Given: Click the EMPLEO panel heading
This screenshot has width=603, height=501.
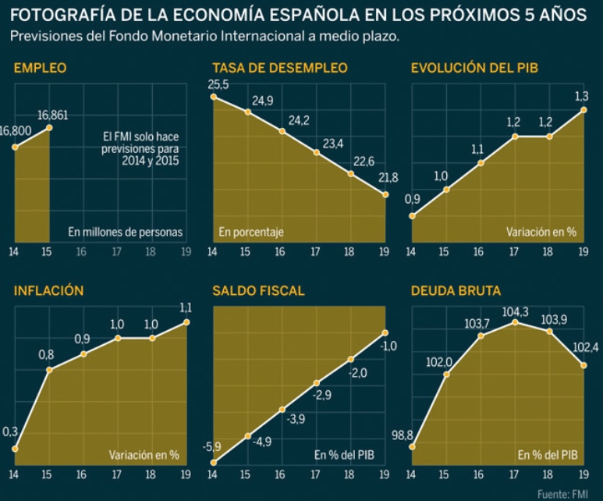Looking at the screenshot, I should tap(40, 69).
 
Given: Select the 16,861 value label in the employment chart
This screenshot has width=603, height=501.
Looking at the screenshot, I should tap(53, 115).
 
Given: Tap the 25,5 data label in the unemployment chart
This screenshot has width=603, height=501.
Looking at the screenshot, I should tap(218, 84).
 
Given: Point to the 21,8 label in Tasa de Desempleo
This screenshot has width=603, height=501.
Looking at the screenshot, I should tap(388, 178).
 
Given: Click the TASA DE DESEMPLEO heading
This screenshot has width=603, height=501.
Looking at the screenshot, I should tap(280, 69).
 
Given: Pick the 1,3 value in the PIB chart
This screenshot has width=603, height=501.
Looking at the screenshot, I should tap(581, 97).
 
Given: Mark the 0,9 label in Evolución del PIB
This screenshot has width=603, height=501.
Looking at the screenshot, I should tap(413, 199).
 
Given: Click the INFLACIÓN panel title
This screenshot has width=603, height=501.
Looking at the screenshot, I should tap(48, 291).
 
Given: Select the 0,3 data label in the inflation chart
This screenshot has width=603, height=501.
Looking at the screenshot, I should tap(12, 432).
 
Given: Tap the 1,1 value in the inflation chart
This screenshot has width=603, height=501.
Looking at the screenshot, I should tap(186, 307).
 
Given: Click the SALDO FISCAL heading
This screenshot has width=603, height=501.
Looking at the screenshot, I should tap(258, 291).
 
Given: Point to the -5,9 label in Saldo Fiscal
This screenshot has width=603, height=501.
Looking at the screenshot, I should tap(212, 446).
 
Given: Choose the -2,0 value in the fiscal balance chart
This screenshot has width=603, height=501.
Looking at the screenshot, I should tap(358, 373).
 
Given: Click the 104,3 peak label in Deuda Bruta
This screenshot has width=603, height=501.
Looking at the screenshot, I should tap(516, 312).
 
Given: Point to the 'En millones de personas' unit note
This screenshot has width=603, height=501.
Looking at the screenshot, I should tap(125, 232).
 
